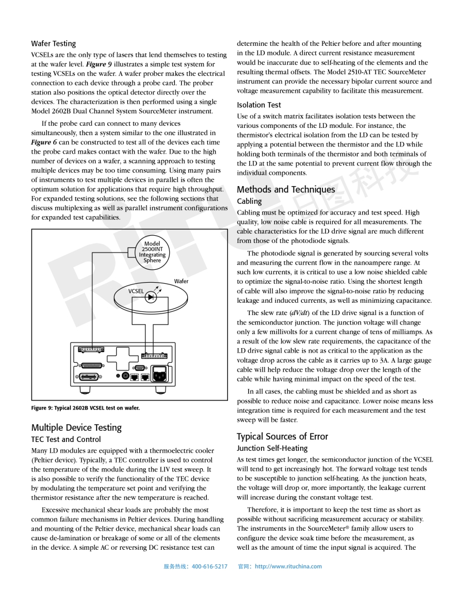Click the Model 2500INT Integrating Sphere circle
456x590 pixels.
click(x=152, y=252)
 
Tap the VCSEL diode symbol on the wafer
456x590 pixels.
click(x=150, y=297)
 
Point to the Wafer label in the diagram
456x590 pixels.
click(x=182, y=282)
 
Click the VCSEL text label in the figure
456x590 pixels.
click(x=136, y=292)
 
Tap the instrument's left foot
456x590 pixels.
click(x=87, y=389)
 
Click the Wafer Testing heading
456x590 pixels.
click(x=54, y=43)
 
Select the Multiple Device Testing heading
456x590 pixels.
click(x=76, y=427)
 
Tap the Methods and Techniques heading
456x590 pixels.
click(x=286, y=189)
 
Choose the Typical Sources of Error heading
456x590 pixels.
click(x=282, y=436)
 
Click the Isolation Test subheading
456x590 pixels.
click(x=259, y=104)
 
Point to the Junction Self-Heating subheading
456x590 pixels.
click(x=272, y=448)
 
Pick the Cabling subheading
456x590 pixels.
click(x=249, y=201)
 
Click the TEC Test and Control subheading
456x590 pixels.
click(x=66, y=439)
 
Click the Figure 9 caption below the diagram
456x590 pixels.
click(x=85, y=408)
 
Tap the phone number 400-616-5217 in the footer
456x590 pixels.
click(x=210, y=567)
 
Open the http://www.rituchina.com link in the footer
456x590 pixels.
click(x=288, y=567)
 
